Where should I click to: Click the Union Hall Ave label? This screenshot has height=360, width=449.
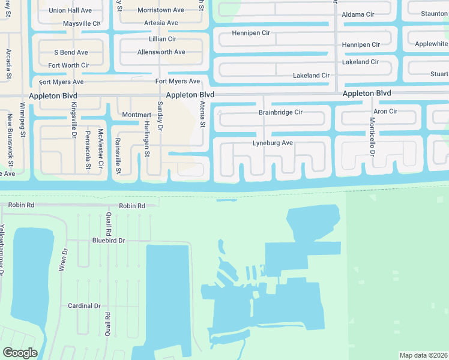[70, 10]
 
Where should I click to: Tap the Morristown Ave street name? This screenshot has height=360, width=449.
[161, 10]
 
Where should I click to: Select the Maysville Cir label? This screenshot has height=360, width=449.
[82, 23]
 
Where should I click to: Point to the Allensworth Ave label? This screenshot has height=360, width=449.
[161, 52]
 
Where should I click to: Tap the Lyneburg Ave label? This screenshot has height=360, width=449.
[273, 143]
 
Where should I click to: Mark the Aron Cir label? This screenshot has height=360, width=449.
[385, 112]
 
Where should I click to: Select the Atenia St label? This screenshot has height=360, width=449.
[202, 114]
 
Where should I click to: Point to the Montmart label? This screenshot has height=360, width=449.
[136, 115]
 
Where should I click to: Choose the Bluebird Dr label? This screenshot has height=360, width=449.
[108, 241]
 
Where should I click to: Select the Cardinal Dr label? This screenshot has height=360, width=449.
[84, 305]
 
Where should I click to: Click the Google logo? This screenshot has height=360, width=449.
[20, 353]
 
